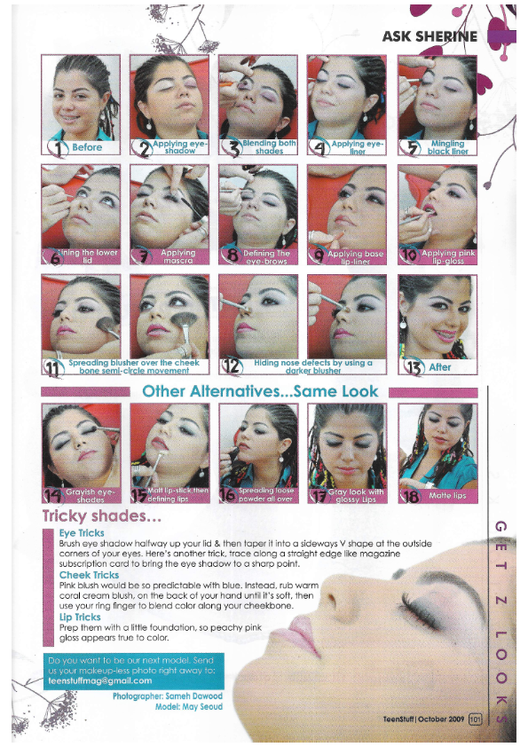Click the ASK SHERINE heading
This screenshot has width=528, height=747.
pos(429,36)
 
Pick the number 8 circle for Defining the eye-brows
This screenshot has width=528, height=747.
pos(232,257)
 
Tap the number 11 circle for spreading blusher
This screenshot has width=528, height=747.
pos(54,366)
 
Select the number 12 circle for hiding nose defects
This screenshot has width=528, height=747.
pos(232,366)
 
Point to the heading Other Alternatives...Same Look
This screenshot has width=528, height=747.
pos(260,391)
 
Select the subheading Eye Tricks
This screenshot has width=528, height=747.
pos(82,532)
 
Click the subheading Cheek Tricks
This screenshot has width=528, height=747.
pos(89,575)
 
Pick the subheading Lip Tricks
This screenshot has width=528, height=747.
pos(80,617)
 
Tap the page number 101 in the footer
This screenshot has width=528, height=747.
pos(476,719)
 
